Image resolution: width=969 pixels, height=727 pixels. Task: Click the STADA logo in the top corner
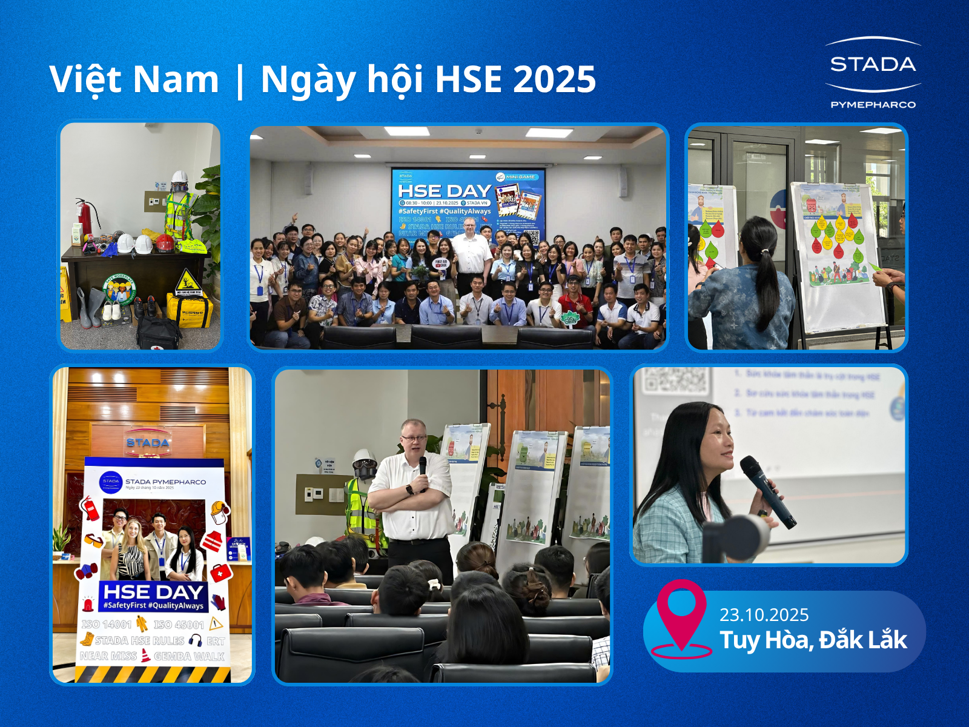872,64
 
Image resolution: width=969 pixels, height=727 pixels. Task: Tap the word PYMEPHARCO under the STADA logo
873,105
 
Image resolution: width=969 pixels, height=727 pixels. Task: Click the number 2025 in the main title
554,79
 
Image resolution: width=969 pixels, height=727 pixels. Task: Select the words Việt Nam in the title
134,79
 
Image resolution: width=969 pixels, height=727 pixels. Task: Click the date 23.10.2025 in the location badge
764,615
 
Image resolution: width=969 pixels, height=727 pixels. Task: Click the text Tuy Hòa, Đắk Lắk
813,640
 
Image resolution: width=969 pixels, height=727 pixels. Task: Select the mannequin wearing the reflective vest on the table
179,209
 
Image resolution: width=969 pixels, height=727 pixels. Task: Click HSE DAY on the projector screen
444,191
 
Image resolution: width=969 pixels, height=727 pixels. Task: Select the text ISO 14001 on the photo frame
107,624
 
